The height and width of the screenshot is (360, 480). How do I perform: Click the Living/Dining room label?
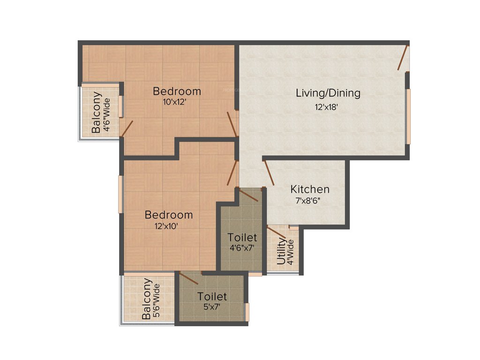tap(328, 93)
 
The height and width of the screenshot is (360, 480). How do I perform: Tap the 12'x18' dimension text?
tap(327, 107)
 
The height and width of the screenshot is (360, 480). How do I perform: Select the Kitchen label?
tap(310, 189)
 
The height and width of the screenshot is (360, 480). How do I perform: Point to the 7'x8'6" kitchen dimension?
tap(307, 200)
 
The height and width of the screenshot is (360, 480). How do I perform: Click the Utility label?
tap(281, 252)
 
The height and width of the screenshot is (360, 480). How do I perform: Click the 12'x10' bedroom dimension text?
tap(166, 225)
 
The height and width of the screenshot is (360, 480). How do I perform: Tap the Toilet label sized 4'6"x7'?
tap(242, 237)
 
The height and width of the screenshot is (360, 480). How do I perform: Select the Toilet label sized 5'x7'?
tap(212, 296)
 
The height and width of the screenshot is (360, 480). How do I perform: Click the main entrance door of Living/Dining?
tap(403, 58)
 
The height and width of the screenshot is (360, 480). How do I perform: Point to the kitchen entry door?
tap(269, 173)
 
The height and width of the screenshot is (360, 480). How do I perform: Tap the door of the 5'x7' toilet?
tap(189, 278)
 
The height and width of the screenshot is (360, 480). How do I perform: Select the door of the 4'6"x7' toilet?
tap(248, 195)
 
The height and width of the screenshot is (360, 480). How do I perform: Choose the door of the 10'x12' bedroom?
tap(232, 124)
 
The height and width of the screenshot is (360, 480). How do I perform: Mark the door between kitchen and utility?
tap(276, 232)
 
